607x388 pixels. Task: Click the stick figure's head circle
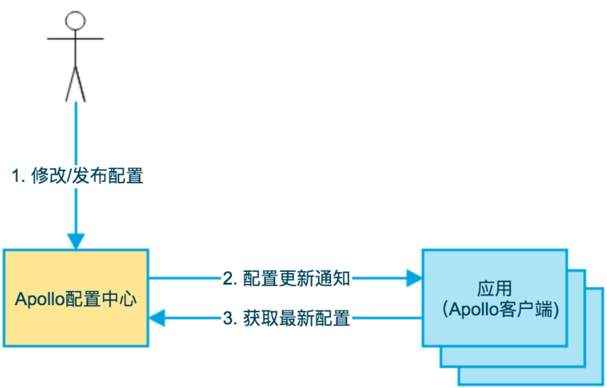[x=75, y=20]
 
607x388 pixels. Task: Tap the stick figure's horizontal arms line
[x=75, y=39]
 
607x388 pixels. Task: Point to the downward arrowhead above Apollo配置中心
[x=75, y=241]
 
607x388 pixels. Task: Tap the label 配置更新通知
[x=297, y=278]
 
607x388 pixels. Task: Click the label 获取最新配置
[x=297, y=319]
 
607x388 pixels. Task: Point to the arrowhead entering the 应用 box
[x=414, y=278]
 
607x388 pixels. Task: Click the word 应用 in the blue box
[x=494, y=288]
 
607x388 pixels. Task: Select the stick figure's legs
[x=75, y=83]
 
